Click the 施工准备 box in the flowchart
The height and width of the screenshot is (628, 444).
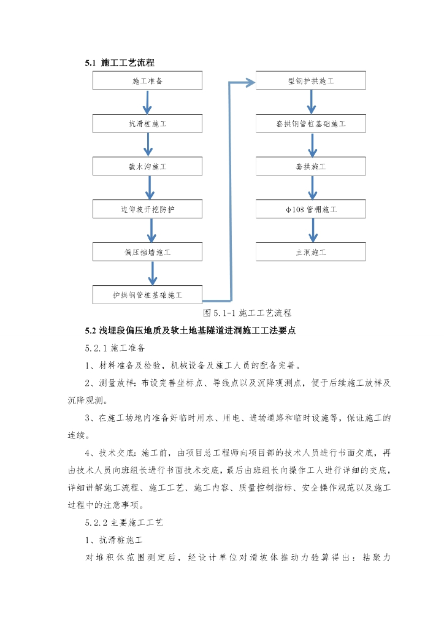tap(147, 81)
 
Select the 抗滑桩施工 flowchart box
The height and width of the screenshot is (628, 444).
tap(147, 124)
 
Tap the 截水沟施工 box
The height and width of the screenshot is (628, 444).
tap(147, 166)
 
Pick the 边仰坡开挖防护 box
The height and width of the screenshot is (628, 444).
tap(147, 209)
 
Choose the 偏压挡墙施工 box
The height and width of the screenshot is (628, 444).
tap(147, 251)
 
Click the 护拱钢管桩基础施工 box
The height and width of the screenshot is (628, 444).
tap(147, 294)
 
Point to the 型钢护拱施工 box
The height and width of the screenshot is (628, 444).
tap(311, 81)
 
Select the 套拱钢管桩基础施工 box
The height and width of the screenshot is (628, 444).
tap(311, 124)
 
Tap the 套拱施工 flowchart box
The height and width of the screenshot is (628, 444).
tap(311, 166)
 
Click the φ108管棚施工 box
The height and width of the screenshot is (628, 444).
tap(311, 209)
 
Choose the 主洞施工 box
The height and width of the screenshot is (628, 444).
tap(311, 251)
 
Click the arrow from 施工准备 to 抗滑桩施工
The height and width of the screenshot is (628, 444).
tap(147, 102)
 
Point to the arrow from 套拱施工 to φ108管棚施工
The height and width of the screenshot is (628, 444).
tap(312, 188)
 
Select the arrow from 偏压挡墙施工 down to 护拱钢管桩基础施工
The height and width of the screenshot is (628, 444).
tap(153, 273)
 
